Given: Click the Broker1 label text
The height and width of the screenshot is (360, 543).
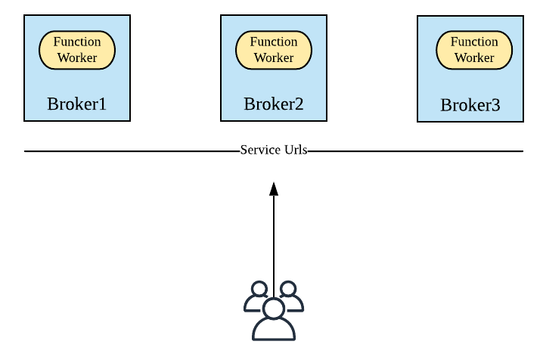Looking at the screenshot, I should [x=76, y=104].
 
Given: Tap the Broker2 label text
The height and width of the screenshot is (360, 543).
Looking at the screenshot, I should [x=273, y=104].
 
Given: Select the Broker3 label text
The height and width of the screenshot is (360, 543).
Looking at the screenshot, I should [x=470, y=105].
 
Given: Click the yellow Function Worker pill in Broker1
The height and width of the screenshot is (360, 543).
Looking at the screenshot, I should [x=77, y=50].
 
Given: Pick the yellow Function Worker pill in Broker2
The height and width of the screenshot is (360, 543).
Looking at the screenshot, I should [x=274, y=50].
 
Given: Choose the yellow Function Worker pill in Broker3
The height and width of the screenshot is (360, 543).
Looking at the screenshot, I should [x=474, y=50].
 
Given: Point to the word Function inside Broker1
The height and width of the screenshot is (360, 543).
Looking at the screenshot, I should [x=77, y=42].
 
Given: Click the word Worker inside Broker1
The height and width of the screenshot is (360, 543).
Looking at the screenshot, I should [x=77, y=58].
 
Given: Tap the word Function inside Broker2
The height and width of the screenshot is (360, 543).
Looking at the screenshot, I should [x=274, y=42].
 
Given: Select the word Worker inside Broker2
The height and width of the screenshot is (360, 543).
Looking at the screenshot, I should [x=274, y=58].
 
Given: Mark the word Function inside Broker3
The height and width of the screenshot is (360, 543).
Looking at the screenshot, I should [x=474, y=42].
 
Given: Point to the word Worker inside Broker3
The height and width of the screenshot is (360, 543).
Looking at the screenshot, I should [x=474, y=58].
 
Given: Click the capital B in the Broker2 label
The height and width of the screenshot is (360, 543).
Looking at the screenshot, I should [x=250, y=104].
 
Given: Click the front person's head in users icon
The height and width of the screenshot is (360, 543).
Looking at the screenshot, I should [x=274, y=308].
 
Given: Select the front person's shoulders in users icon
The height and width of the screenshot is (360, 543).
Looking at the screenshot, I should [x=274, y=331].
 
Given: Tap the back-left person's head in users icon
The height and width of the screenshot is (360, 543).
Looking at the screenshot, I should [x=259, y=289].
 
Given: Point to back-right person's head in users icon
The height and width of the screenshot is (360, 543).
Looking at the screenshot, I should [x=288, y=289].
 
